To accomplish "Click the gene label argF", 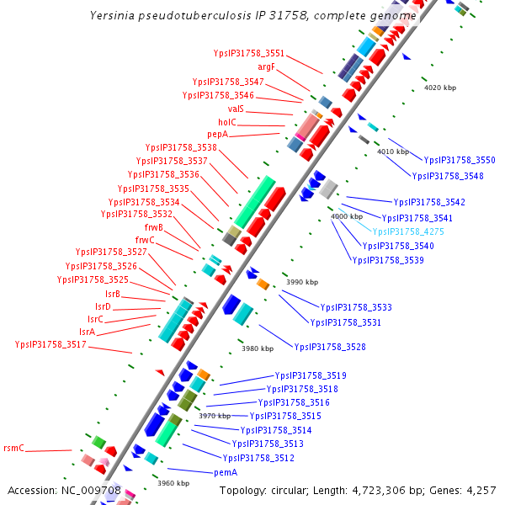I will (266, 66).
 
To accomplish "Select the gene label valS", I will (236, 109).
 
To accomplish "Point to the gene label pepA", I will (217, 135).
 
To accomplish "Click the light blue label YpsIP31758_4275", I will (408, 231).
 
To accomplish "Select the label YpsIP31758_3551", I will (249, 53).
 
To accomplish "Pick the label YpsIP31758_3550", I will (460, 160).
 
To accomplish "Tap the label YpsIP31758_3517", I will (50, 344).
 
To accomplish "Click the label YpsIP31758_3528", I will (329, 347).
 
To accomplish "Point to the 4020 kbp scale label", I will (439, 88).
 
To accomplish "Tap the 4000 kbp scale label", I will (347, 216).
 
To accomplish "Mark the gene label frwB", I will (154, 227).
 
